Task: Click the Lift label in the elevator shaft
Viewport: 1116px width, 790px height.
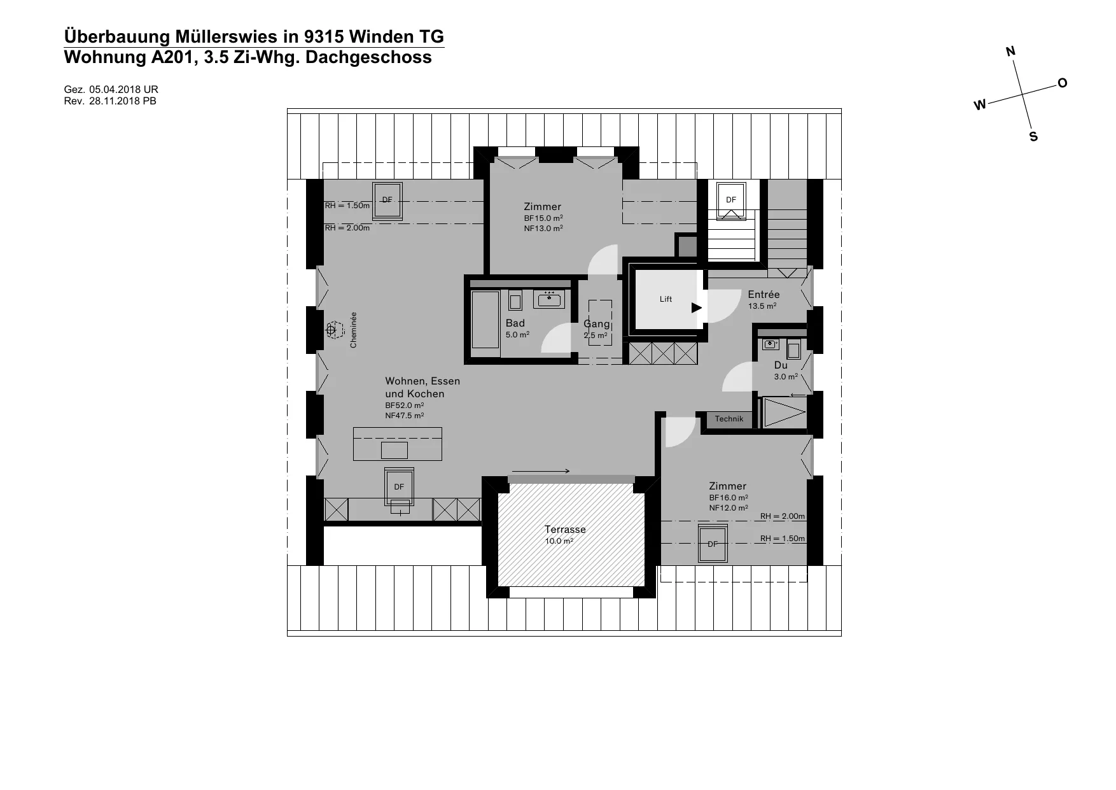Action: coord(666,299)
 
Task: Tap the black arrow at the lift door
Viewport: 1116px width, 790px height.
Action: coord(697,308)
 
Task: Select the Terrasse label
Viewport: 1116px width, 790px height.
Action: coord(565,530)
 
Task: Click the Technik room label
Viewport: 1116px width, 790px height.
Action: coord(729,419)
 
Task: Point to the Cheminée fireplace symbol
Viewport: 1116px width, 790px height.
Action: coord(331,330)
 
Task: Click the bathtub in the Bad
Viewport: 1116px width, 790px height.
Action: coord(485,320)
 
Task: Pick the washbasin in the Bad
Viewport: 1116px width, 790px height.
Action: coord(548,299)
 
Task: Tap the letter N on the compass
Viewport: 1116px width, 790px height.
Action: coord(1010,52)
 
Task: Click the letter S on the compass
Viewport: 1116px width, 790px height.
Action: coord(1033,137)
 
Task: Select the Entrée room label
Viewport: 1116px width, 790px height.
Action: coord(764,295)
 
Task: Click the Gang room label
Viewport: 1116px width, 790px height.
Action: coord(596,324)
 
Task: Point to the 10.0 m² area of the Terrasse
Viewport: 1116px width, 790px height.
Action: coord(559,542)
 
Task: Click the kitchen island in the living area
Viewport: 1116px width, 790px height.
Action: coord(398,444)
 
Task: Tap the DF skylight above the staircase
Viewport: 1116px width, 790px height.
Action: coord(730,200)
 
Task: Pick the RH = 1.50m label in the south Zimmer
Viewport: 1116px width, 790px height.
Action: coord(783,539)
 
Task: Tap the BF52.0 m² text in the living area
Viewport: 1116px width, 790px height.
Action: coord(405,406)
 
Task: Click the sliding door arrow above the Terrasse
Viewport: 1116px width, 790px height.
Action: coord(541,471)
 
